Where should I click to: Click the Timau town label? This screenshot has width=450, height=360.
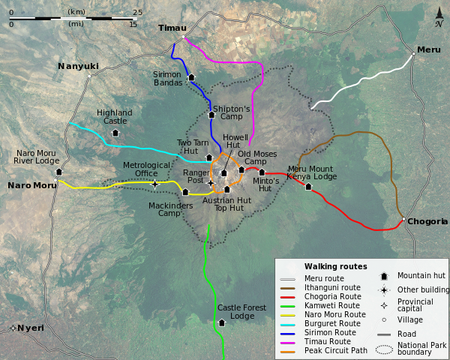coord(172,28)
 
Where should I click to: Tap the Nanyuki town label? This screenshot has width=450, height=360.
coord(78,66)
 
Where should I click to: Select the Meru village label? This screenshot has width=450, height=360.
coord(428,49)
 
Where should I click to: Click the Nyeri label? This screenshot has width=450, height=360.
coord(31,328)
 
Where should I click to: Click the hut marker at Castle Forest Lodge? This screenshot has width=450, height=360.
coord(221,322)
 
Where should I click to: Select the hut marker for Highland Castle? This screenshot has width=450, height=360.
coord(115,133)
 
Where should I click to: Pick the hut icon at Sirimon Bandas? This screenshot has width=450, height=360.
coord(191,76)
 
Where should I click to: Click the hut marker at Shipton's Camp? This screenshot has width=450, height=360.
coord(211,115)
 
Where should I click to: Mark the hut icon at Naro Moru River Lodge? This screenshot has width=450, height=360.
coord(58,172)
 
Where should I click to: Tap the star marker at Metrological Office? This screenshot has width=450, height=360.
coord(154,184)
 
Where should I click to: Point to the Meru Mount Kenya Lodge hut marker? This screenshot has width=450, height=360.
coord(308,186)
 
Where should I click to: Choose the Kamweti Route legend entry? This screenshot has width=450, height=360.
coord(332,305)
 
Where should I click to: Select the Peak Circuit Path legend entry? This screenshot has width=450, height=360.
coord(336,350)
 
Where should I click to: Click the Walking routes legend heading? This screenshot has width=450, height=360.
coord(335,266)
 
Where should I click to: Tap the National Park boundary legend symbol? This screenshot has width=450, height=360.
coord(383,348)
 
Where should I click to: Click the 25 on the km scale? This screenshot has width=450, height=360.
coord(137,12)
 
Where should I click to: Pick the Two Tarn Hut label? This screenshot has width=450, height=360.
coord(193,146)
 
